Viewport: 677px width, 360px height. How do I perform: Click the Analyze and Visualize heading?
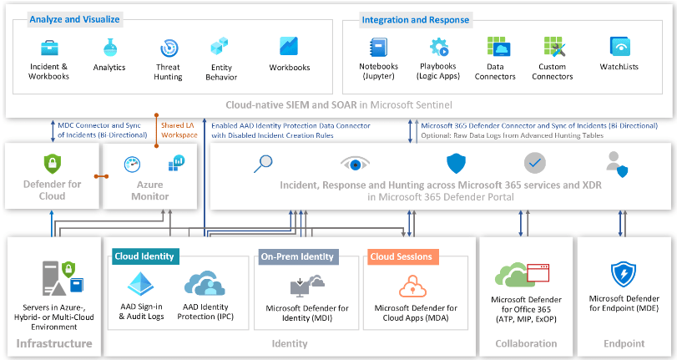point(74,18)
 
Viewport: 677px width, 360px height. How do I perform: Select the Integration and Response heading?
point(415,19)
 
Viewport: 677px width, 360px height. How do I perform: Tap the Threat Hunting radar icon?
point(168,48)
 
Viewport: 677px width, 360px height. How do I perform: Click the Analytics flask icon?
point(109,48)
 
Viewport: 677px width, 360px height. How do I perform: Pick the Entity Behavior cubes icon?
point(220,47)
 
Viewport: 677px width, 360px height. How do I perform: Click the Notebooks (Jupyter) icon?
point(378,47)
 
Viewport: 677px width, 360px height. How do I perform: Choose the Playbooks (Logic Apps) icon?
point(437,47)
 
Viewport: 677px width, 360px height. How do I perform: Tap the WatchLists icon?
point(619,47)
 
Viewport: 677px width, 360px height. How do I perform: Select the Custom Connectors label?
point(552,72)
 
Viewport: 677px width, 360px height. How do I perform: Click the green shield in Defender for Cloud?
point(53,164)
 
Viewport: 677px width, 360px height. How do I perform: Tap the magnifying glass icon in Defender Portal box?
point(263,164)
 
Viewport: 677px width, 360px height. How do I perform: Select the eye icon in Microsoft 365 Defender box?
point(355,164)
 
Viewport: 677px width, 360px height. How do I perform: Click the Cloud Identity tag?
point(144,256)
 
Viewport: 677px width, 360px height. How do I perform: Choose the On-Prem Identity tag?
point(297,256)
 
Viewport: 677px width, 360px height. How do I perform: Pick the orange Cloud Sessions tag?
point(401,256)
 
